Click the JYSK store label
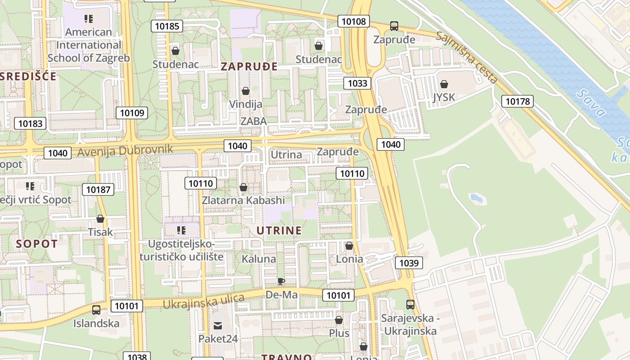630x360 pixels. point(444,97)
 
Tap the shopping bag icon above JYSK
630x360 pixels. point(444,84)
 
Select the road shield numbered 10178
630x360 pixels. point(517,101)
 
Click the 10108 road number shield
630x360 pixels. point(354,21)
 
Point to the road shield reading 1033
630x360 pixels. point(358,83)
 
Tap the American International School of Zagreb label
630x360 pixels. point(89,45)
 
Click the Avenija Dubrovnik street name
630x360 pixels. point(125,150)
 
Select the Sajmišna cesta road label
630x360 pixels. point(467,58)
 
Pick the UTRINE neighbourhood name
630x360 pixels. point(279,231)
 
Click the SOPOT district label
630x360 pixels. point(37,244)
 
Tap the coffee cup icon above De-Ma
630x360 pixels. point(281,282)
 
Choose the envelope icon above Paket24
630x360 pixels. point(218,325)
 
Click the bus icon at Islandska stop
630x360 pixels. point(96,310)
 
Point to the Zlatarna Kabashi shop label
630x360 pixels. point(243,200)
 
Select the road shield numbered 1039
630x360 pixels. point(409,263)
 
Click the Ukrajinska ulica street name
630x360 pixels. point(203,301)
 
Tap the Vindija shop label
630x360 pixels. point(246,104)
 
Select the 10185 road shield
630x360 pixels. point(167,26)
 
